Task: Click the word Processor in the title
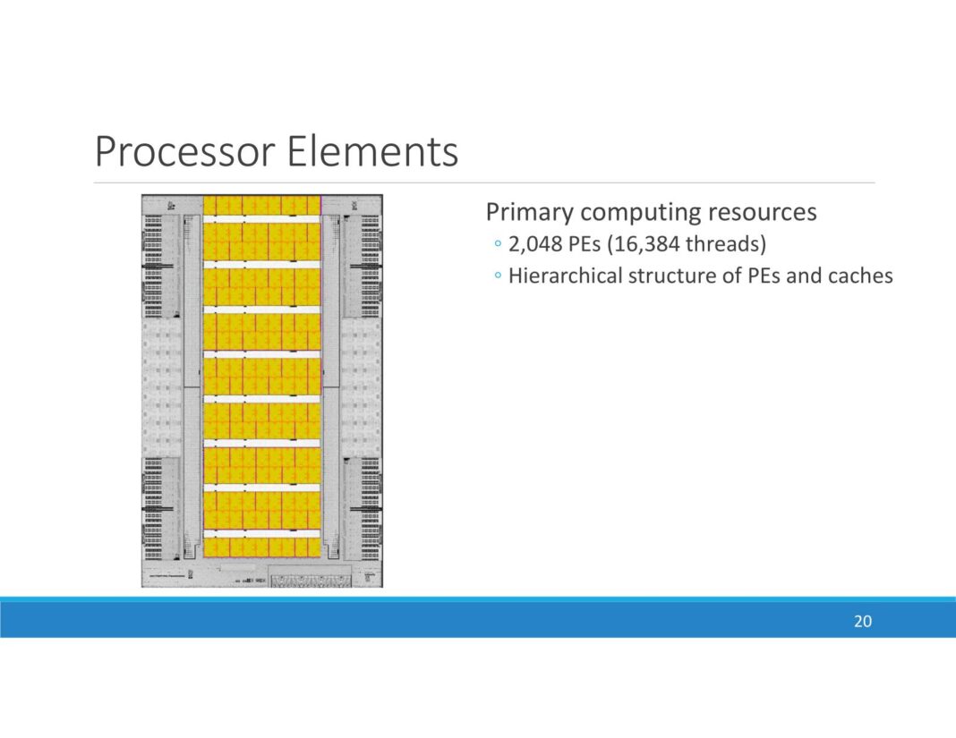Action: tap(184, 152)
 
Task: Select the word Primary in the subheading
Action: tap(530, 212)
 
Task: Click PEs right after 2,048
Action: tap(582, 244)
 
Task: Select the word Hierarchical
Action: tap(565, 276)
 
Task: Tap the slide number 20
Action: tap(862, 622)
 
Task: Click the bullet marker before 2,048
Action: tap(497, 245)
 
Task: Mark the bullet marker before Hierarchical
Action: tap(497, 276)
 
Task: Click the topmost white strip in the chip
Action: tap(261, 218)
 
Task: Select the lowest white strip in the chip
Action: tap(261, 533)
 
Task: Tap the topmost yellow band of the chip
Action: tap(261, 205)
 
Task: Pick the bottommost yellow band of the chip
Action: tap(261, 547)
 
